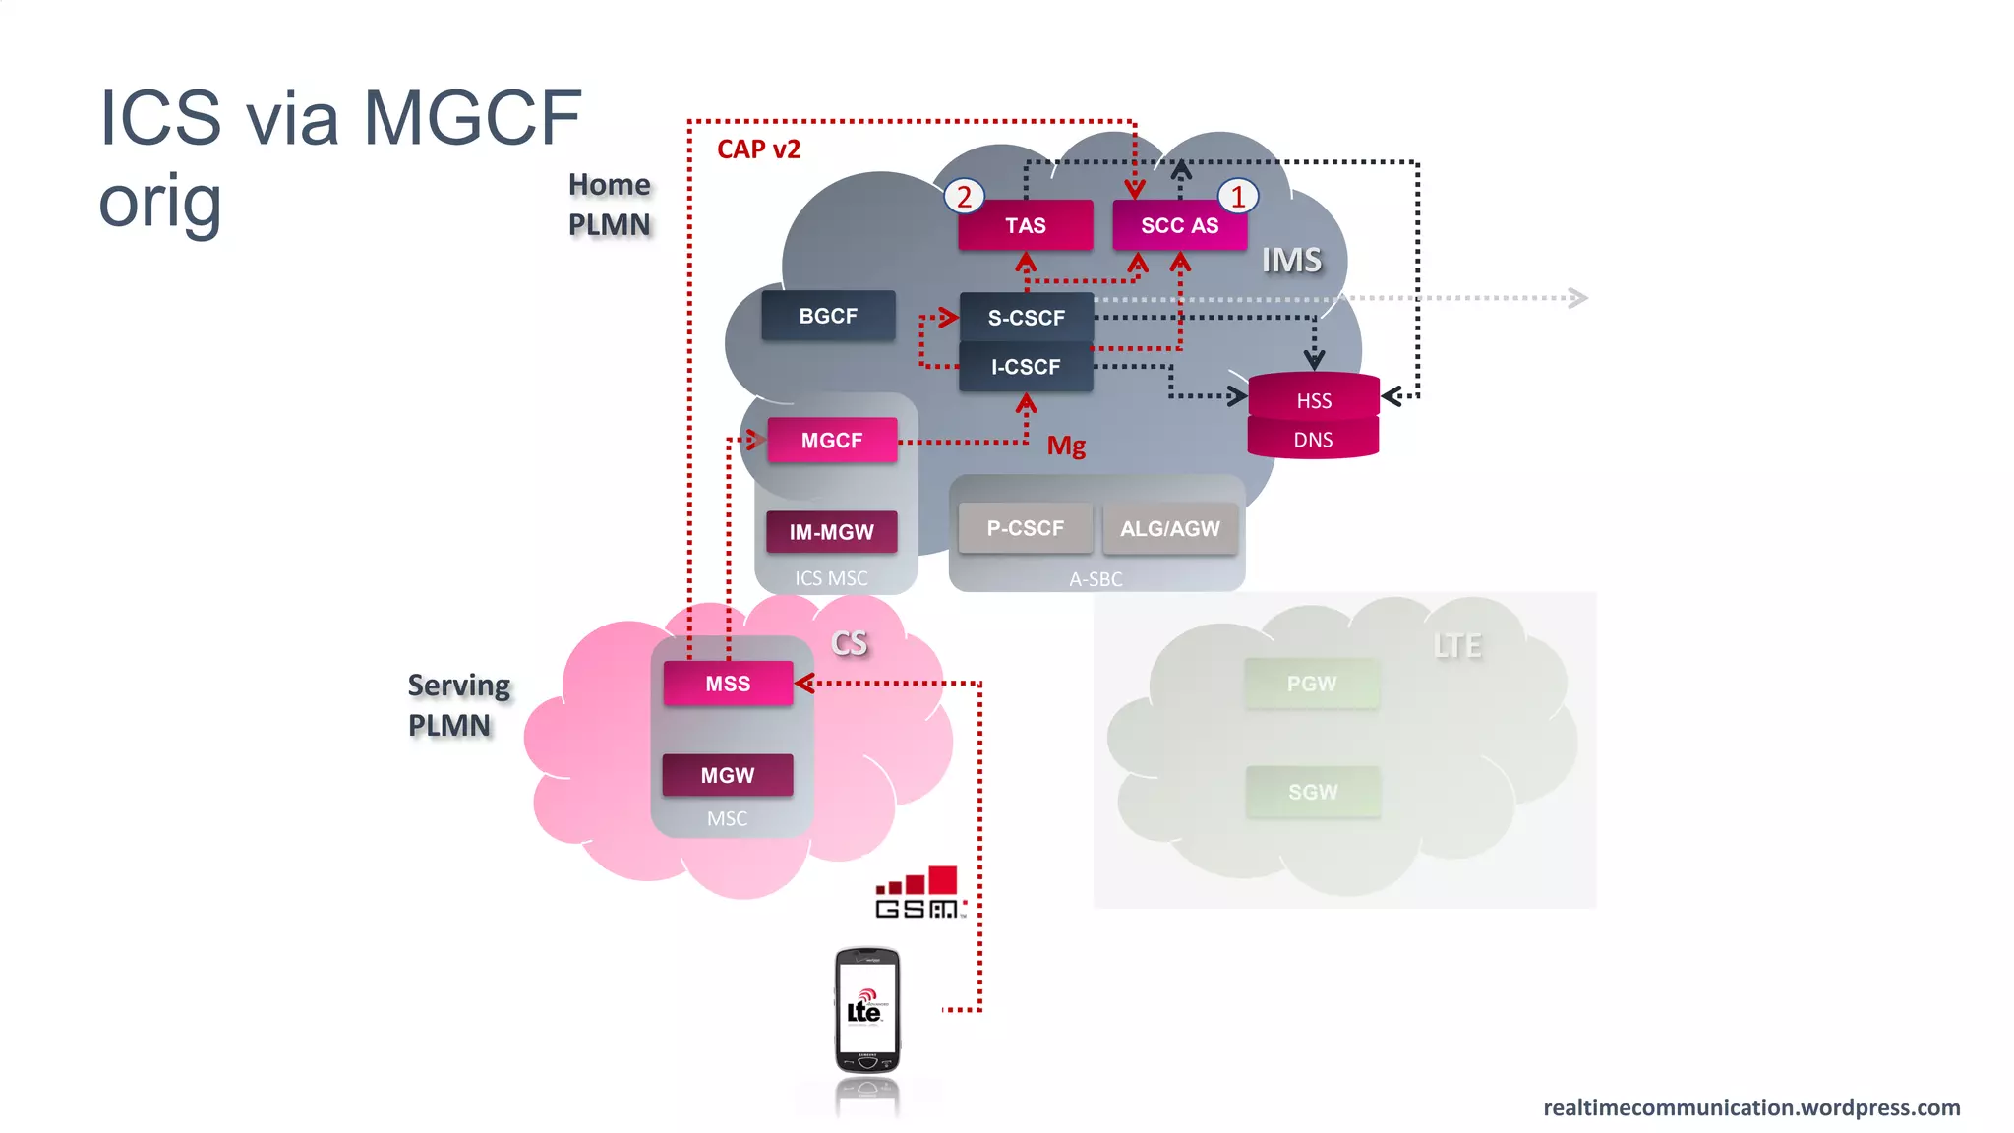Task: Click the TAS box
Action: [x=1025, y=225]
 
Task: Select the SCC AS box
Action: [x=1179, y=225]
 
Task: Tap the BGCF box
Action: [x=828, y=316]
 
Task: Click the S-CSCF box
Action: [x=1026, y=318]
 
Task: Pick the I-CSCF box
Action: [x=1026, y=367]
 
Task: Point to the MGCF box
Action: [x=832, y=441]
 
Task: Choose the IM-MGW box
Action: [x=831, y=532]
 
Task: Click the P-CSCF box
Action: [x=1025, y=528]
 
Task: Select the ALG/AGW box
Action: [x=1169, y=528]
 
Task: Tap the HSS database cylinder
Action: [x=1313, y=398]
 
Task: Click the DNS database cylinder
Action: [x=1313, y=440]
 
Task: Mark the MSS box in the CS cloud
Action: [x=728, y=684]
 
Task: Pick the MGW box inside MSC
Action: [x=728, y=775]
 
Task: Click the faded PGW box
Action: [x=1311, y=684]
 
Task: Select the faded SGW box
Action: [x=1313, y=792]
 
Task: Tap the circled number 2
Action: [x=964, y=197]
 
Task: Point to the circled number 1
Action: [x=1238, y=197]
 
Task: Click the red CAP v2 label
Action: [x=758, y=149]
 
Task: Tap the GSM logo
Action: [x=920, y=893]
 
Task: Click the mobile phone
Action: [x=866, y=1011]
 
